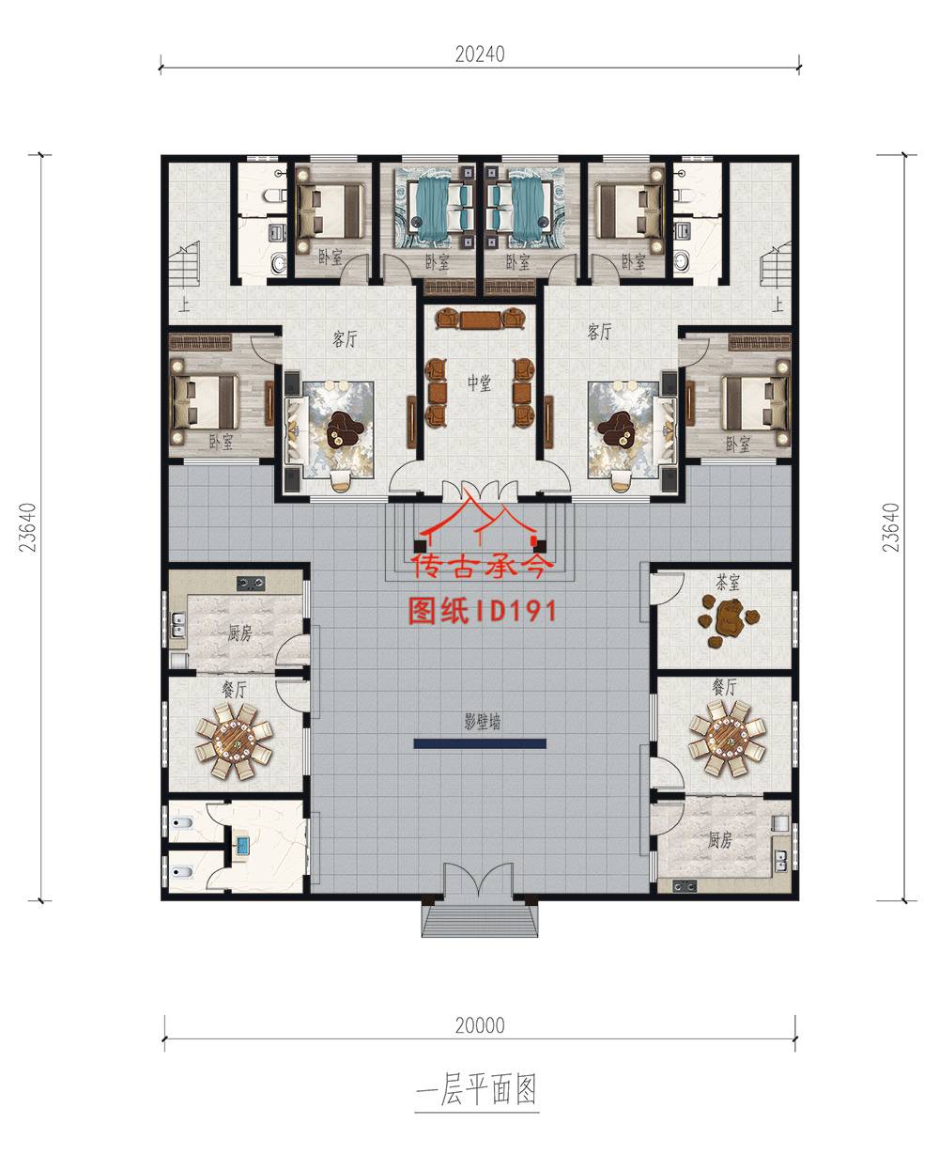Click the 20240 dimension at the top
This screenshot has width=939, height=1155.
[x=480, y=55]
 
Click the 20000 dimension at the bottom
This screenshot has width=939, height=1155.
[x=480, y=1025]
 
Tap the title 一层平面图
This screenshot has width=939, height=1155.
[x=477, y=1090]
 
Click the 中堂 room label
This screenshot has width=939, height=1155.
[x=479, y=382]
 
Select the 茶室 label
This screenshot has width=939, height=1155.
[x=727, y=583]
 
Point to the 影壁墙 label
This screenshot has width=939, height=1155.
[x=483, y=722]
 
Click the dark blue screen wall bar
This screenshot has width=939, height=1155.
[x=480, y=743]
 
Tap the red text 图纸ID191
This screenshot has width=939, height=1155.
[x=482, y=611]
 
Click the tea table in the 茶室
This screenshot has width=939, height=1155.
[x=730, y=620]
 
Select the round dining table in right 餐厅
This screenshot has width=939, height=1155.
[x=727, y=739]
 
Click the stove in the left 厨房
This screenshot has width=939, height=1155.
[x=251, y=584]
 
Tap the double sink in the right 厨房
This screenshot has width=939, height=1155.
[x=781, y=862]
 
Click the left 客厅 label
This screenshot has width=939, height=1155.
[x=345, y=339]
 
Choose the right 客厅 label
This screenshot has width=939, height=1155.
[x=599, y=332]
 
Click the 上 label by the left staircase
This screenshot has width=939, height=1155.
[x=184, y=304]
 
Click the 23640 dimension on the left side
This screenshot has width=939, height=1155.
[x=27, y=527]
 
